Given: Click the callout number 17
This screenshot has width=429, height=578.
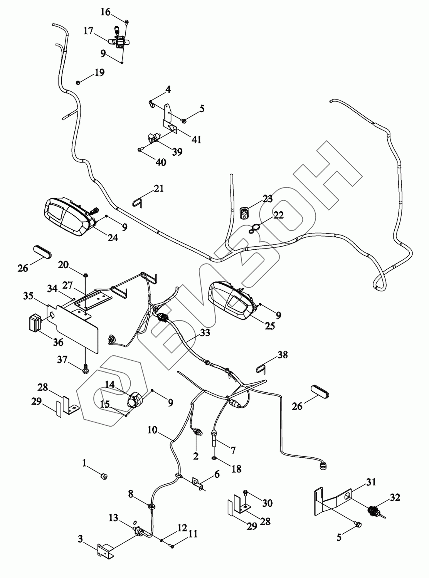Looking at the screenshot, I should [x=89, y=30].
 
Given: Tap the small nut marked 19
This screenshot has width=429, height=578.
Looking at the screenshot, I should [x=78, y=82].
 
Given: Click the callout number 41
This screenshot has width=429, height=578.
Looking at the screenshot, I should [x=197, y=139].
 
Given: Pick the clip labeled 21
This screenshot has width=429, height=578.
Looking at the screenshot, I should [x=138, y=202].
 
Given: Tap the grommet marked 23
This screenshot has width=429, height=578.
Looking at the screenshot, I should [x=244, y=212].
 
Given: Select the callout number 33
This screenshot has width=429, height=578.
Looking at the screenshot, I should [x=205, y=332].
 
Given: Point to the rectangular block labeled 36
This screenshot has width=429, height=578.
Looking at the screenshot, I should [x=35, y=323].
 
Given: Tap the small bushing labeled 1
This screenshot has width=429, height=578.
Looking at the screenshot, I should [x=103, y=477].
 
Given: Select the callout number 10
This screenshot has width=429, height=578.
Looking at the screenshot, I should [x=152, y=430].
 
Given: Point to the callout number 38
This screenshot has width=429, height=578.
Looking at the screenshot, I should [x=283, y=355].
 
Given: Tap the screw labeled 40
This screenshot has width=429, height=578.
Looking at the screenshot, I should [x=140, y=149].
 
